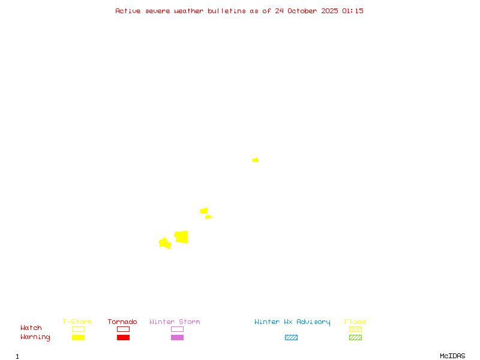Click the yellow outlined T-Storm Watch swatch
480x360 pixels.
[78, 329]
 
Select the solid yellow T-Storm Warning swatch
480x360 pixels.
[78, 337]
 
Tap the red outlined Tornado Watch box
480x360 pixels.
[123, 329]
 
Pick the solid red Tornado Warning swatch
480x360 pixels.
[123, 337]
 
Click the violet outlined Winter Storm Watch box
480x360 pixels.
[177, 329]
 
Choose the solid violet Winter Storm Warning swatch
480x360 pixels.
[177, 337]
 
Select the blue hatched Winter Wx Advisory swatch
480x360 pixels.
[291, 337]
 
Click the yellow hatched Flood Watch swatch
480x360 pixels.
[355, 329]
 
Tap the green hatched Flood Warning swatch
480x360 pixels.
[355, 337]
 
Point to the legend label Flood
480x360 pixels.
[355, 322]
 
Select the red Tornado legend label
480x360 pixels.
[122, 322]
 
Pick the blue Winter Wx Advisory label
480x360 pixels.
[292, 322]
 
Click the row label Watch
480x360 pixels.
[31, 328]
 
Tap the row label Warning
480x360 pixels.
[35, 337]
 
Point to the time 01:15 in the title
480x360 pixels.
[353, 11]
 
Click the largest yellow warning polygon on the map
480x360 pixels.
[181, 237]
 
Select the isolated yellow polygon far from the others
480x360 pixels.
[256, 160]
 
